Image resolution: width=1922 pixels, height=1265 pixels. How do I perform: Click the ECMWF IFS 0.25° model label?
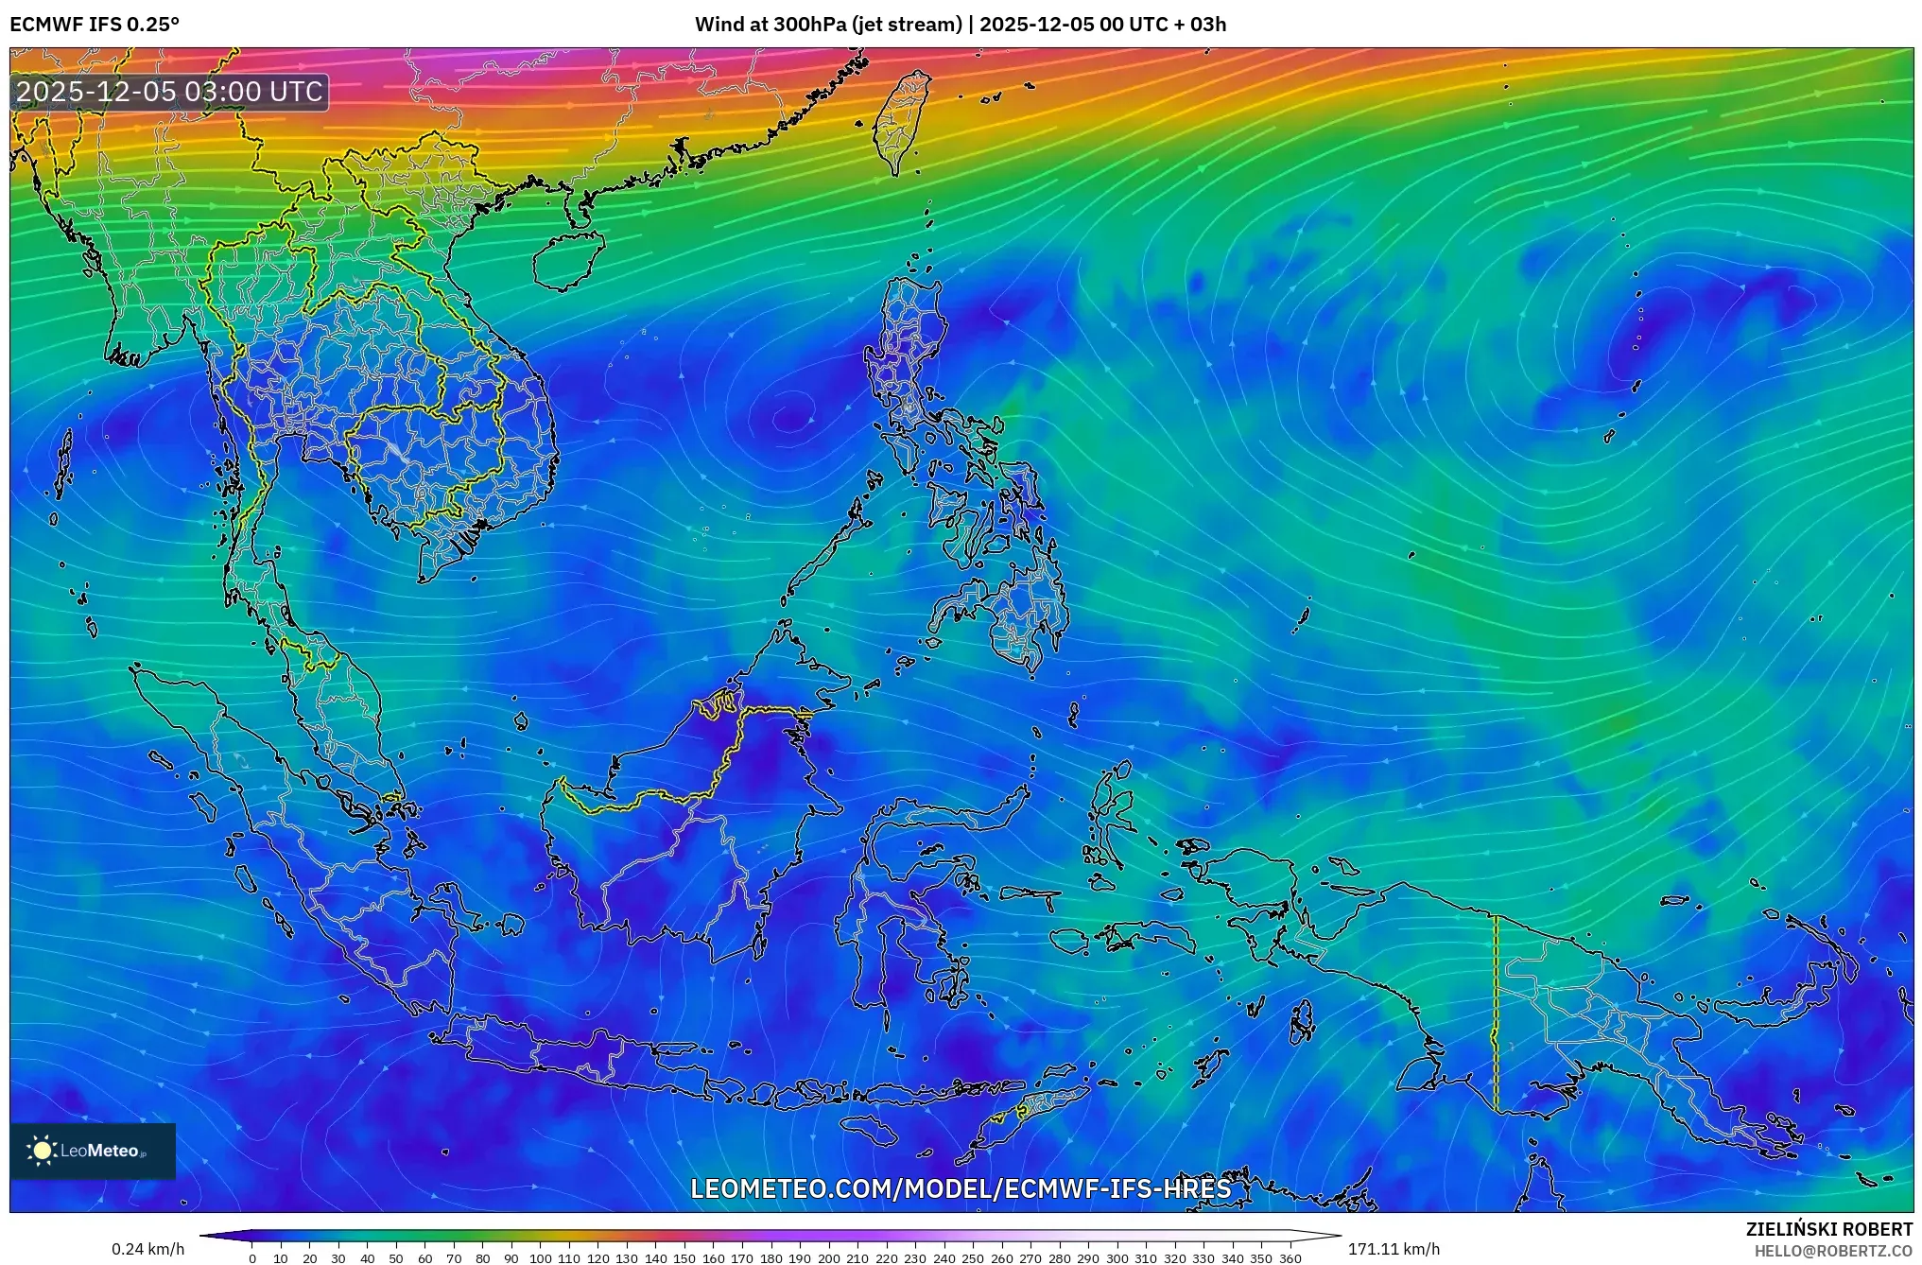pos(94,24)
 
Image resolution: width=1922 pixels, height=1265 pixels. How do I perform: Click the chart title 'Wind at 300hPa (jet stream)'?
pos(828,24)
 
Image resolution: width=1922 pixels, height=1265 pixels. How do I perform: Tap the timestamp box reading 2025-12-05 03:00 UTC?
pos(170,92)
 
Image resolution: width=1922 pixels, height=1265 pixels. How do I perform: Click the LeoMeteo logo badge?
pos(93,1151)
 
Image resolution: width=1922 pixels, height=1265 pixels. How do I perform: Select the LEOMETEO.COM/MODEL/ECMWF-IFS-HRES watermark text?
pos(961,1188)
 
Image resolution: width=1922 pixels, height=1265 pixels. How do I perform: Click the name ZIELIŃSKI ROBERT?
pos(1828,1229)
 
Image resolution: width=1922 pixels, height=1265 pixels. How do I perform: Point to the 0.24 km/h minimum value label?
pos(147,1249)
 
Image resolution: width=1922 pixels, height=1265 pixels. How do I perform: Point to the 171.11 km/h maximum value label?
pos(1394,1249)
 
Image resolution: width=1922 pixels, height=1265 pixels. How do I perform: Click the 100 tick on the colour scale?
pos(540,1258)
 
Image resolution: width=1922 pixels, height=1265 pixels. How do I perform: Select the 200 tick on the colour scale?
pos(828,1258)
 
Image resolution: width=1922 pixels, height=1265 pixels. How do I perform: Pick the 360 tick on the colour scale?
pos(1290,1258)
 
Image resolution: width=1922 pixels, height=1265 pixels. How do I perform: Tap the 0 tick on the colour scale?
pos(251,1258)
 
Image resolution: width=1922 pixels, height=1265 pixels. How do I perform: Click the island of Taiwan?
pos(902,121)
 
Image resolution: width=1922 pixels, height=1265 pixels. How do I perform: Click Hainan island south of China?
pos(567,259)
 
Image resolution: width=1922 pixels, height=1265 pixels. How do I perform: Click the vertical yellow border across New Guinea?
pos(1495,1012)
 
